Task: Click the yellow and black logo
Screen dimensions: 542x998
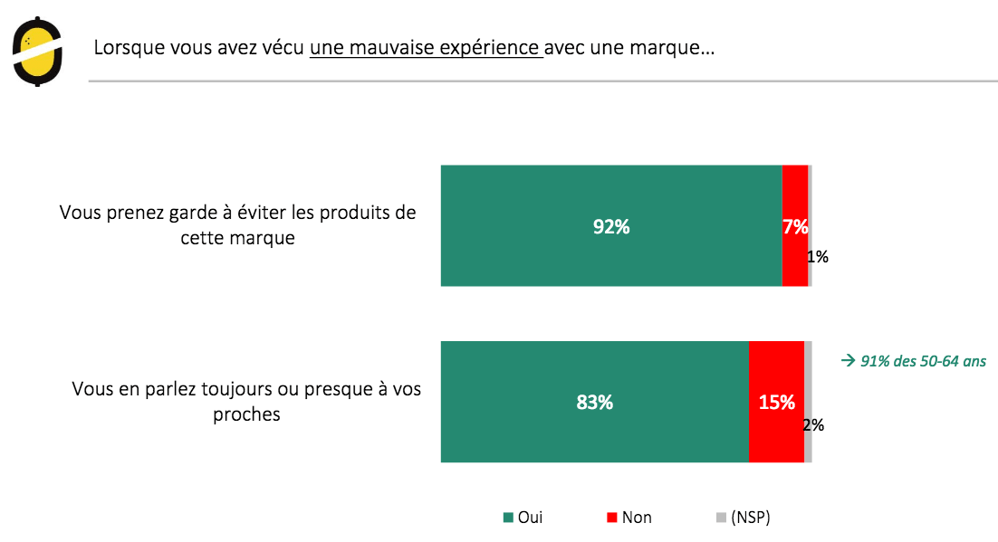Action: click(37, 51)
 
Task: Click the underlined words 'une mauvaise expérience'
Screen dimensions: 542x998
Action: click(425, 47)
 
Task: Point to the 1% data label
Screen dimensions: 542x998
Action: click(817, 256)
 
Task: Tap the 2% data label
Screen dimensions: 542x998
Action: click(813, 424)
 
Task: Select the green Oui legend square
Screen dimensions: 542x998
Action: click(508, 518)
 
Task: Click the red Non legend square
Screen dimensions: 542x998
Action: click(612, 518)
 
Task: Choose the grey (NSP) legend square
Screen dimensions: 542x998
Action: click(721, 518)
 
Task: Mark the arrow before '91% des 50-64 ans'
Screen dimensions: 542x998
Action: click(848, 361)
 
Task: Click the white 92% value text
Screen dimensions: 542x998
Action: click(611, 227)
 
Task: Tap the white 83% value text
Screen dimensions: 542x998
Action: click(594, 403)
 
